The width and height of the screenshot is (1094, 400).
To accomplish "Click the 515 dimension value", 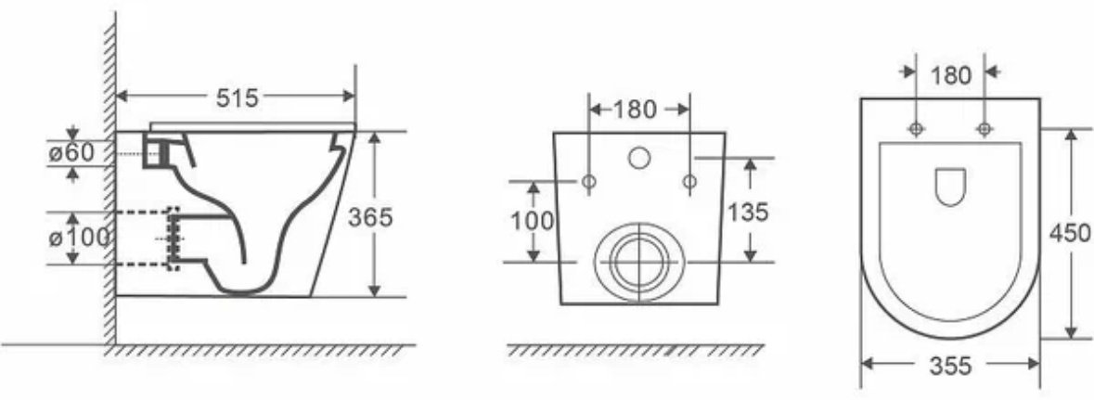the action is click(x=237, y=98).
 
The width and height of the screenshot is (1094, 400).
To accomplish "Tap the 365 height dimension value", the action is click(x=370, y=218).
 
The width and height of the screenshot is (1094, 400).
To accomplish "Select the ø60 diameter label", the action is click(x=71, y=153).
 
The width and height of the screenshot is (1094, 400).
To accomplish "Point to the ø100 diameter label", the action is click(x=79, y=238).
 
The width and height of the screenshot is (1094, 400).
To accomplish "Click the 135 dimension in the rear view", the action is click(x=748, y=212).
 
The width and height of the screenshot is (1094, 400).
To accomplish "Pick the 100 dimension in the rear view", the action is click(x=533, y=221).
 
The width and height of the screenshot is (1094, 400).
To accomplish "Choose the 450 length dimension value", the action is click(x=1070, y=232).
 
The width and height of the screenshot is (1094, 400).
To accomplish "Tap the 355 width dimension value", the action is click(x=950, y=366).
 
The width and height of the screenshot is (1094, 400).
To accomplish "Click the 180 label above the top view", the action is click(x=951, y=75).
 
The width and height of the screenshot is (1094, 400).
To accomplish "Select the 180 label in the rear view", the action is click(x=636, y=110).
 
